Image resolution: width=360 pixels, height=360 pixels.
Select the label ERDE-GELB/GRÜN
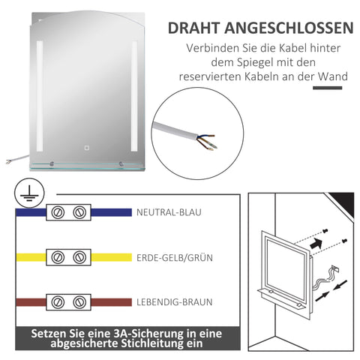click(174, 257)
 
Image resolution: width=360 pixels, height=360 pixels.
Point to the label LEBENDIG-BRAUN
click(174, 302)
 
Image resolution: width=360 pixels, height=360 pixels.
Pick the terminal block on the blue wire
click(68, 212)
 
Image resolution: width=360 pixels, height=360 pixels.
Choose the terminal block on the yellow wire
click(68, 257)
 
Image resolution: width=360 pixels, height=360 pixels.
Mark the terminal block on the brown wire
click(68, 302)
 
